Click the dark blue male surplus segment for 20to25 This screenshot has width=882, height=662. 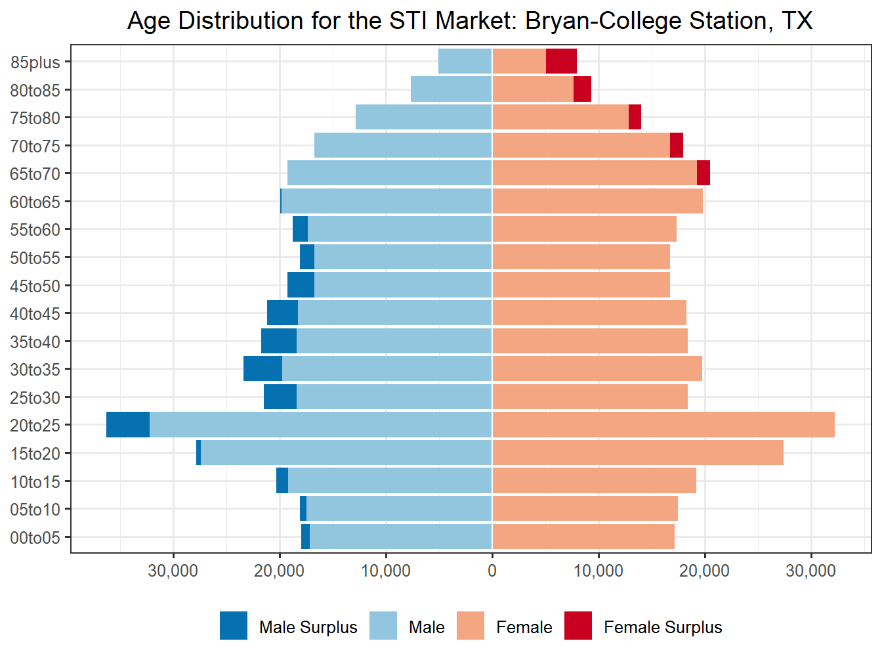pos(128,425)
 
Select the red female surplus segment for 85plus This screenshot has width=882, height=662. pos(561,62)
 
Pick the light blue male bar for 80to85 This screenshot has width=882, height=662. pos(451,89)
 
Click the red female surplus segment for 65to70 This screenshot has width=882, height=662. pos(703,173)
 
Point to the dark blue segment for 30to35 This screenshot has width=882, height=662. pos(262,369)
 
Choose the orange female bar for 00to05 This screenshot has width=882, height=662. pos(583,537)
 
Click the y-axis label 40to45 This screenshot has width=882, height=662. pos(35,314)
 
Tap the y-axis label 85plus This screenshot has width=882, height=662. pos(35,62)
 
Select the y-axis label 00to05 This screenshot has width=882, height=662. pos(35,538)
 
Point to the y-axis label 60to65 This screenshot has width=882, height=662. pos(35,202)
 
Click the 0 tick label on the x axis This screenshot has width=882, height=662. pos(492,571)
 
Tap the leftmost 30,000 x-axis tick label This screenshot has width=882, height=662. pos(173,571)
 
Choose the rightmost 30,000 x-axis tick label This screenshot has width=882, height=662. pos(811,571)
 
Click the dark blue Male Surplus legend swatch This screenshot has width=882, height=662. pos(234,626)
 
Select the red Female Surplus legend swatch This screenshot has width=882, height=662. pos(578,626)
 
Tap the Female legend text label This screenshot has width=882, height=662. pos(524,628)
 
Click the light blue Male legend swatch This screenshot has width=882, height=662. pos(383,626)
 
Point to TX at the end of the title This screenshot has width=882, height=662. pos(797,21)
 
